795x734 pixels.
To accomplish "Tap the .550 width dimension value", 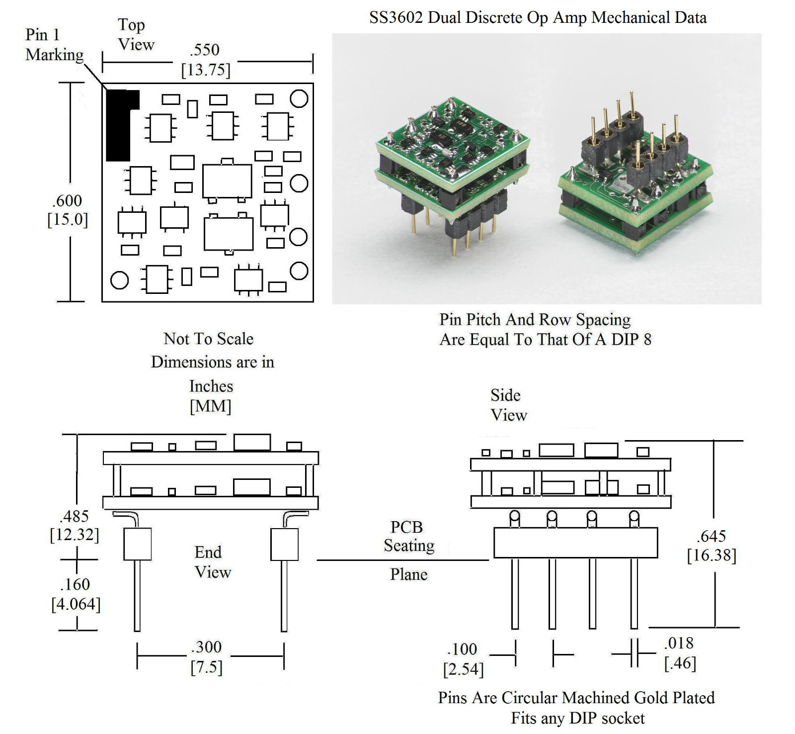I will [x=204, y=50].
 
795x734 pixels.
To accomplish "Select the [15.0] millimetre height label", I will [x=68, y=219].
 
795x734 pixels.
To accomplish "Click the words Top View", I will [x=135, y=34].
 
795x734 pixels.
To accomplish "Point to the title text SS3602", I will [x=396, y=17].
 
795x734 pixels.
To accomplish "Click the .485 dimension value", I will [x=75, y=516].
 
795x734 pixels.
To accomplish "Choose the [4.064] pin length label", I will [x=76, y=604].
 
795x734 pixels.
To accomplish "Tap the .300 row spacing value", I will [x=206, y=647].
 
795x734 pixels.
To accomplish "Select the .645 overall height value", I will [x=711, y=536].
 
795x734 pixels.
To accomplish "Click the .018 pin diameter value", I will [x=679, y=643].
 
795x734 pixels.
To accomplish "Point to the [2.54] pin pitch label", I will [x=463, y=669].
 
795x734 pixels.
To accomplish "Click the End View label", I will [x=212, y=562].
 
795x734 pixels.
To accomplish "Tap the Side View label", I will [x=508, y=405].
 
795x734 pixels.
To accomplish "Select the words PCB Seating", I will [x=408, y=536].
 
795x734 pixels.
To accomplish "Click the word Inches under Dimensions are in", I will [x=211, y=386].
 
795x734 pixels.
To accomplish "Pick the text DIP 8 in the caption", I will [x=631, y=340].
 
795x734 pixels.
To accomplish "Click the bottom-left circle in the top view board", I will [x=119, y=280].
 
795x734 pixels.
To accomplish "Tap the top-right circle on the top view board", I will [x=299, y=98].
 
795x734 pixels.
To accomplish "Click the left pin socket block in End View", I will [x=137, y=544].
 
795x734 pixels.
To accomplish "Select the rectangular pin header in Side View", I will [x=575, y=543].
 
